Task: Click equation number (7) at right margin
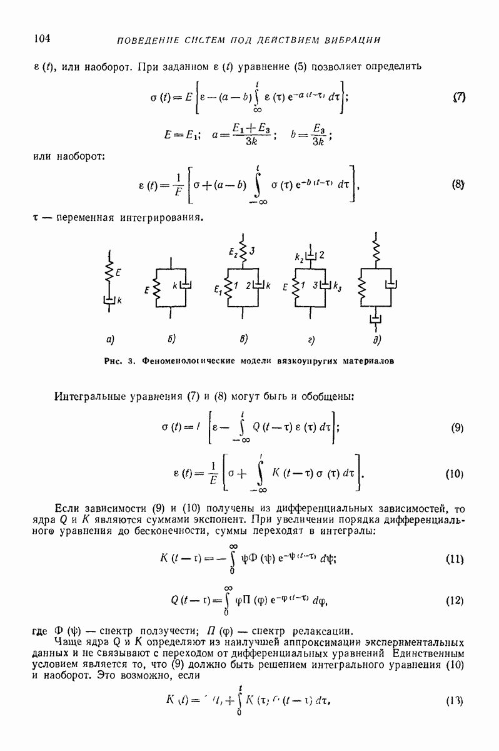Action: (459, 98)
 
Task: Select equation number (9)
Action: (456, 429)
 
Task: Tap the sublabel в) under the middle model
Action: (244, 340)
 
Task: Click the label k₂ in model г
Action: (298, 256)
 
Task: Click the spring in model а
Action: (109, 273)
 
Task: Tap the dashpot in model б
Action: (185, 286)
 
